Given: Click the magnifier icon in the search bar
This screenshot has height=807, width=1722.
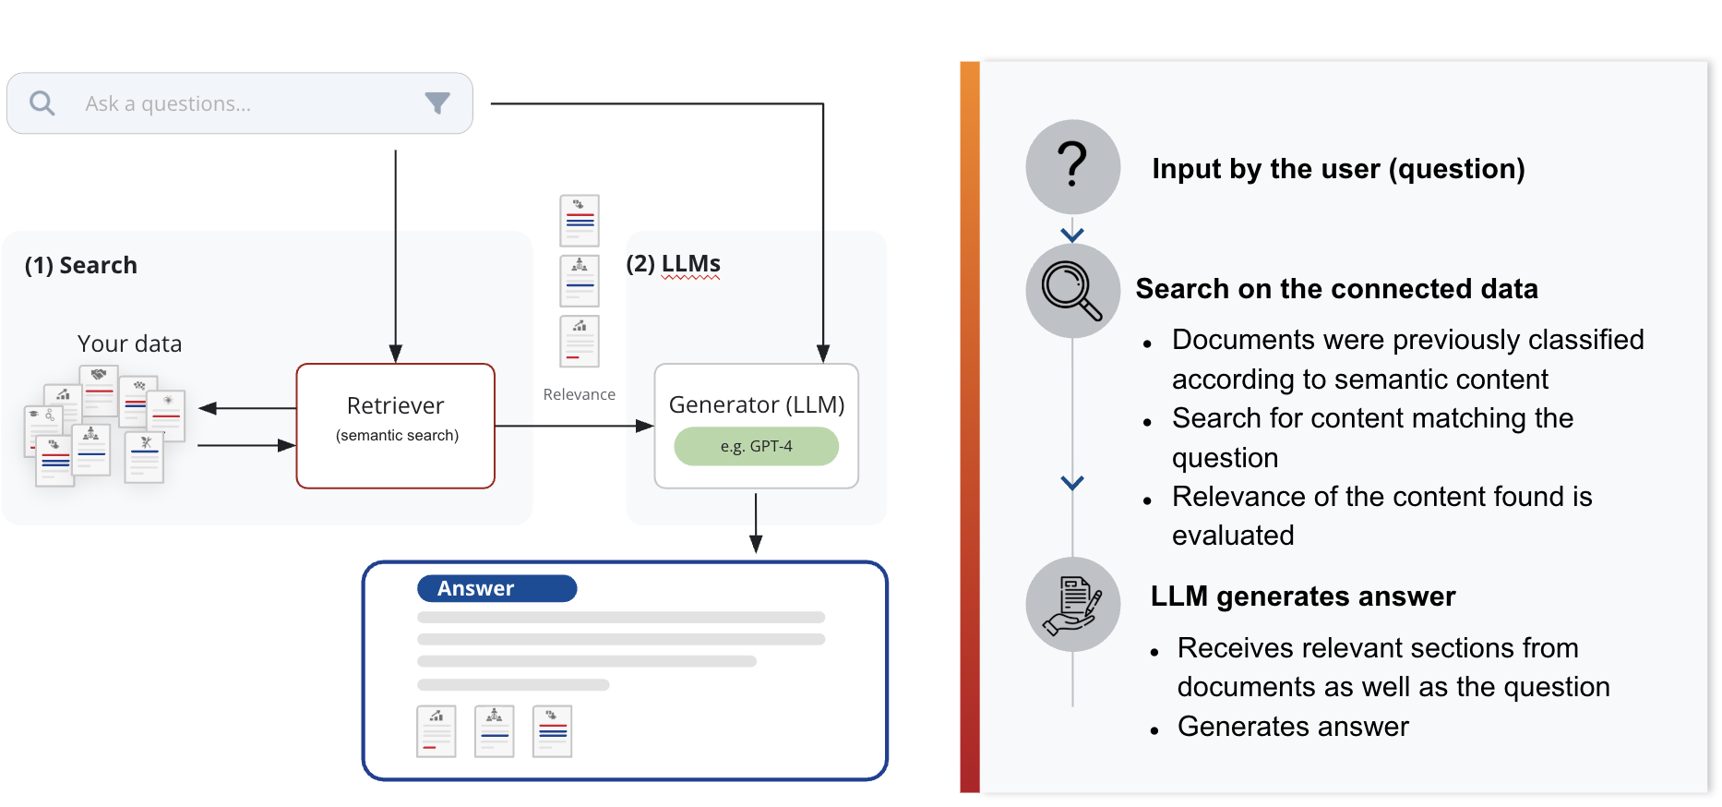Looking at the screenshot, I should pos(42,103).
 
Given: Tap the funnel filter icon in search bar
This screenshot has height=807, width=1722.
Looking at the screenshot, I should pos(437,103).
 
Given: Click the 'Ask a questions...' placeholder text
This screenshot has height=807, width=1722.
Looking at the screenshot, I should pos(168,103).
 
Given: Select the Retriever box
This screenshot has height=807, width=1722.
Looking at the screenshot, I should pos(396,426).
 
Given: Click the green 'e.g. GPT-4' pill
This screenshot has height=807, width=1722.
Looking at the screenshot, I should pos(757,446).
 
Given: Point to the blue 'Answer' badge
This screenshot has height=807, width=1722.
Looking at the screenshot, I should pos(496,588).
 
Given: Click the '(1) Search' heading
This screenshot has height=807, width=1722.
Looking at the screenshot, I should pos(81,265).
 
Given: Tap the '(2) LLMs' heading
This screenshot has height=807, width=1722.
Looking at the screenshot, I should pos(673,264).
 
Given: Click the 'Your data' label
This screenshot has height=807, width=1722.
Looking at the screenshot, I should pos(129,343).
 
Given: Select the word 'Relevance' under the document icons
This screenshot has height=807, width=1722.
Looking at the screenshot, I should pos(579,394).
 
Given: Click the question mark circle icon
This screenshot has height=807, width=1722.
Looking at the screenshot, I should pos(1072,166).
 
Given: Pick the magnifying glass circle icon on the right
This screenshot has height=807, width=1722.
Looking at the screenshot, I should pos(1072,290).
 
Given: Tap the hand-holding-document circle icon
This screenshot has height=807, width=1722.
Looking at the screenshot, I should pos(1072,605).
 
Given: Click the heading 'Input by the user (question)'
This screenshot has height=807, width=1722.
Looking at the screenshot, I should pos(1338,169).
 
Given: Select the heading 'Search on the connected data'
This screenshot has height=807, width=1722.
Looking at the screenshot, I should pos(1336,289).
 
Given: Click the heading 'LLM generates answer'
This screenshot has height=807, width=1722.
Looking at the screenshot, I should pos(1303,596).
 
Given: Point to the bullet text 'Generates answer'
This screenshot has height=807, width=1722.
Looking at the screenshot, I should pos(1293,727).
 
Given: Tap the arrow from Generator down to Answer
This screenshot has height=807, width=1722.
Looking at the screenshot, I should pos(756,523).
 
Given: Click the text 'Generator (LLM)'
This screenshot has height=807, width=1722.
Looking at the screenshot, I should pos(757,404).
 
